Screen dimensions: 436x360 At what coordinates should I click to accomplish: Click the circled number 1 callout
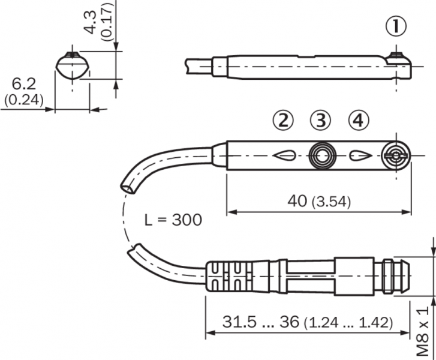tap(396, 26)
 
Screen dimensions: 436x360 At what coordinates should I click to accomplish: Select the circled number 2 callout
tap(283, 121)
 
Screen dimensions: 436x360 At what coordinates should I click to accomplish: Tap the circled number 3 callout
tap(321, 121)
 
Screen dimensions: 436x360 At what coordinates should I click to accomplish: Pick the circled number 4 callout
tap(359, 121)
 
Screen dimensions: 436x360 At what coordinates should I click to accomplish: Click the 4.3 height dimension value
tap(91, 23)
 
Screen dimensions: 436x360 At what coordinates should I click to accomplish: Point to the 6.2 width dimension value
tap(24, 84)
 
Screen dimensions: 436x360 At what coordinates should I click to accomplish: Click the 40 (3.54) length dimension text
tap(319, 201)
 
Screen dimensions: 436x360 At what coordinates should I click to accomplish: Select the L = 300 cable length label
tap(173, 220)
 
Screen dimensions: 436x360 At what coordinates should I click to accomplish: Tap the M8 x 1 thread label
tap(423, 331)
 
